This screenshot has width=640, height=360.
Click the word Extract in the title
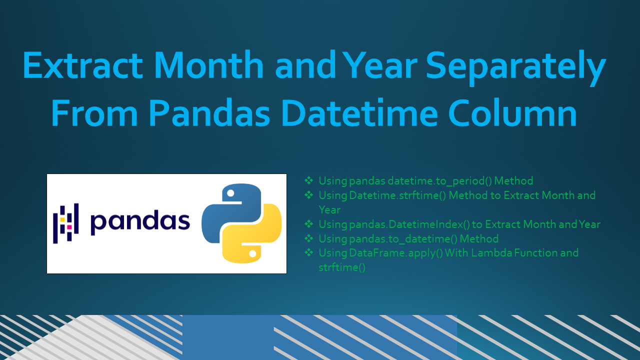(83, 65)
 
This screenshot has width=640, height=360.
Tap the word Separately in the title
(516, 68)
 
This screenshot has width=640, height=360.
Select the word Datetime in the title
(359, 112)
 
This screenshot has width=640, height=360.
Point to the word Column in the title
(512, 112)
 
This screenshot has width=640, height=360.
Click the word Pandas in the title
(209, 112)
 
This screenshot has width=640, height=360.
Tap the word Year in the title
(380, 65)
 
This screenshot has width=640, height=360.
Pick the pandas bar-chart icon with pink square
(66, 223)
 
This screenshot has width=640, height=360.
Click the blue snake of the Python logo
(228, 211)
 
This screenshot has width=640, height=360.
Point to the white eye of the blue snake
(230, 193)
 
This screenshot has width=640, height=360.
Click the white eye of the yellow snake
(252, 253)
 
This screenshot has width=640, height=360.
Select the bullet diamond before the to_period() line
(309, 180)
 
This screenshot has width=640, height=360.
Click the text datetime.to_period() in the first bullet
(439, 181)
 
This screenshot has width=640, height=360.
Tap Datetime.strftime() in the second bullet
(397, 195)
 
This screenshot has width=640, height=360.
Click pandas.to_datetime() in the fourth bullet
(403, 239)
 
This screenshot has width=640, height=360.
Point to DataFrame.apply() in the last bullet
(396, 253)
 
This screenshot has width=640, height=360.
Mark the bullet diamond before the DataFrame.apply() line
(309, 252)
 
